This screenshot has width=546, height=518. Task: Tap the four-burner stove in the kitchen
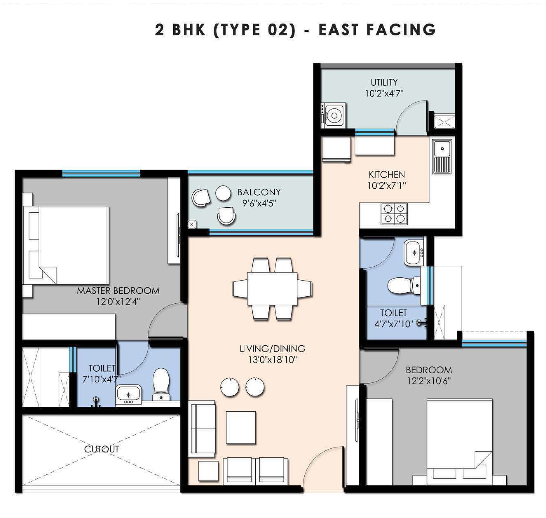pyautogui.click(x=394, y=214)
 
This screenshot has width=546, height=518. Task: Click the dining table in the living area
pyautogui.click(x=272, y=289)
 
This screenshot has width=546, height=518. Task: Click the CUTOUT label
pyautogui.click(x=102, y=449)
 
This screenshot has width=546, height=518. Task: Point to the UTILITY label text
pyautogui.click(x=384, y=82)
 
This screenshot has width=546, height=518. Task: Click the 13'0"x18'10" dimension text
pyautogui.click(x=272, y=360)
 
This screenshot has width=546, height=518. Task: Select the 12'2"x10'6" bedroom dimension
pyautogui.click(x=429, y=381)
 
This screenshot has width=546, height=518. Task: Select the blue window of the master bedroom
pyautogui.click(x=101, y=174)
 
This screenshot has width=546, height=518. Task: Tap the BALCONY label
pyautogui.click(x=259, y=192)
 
